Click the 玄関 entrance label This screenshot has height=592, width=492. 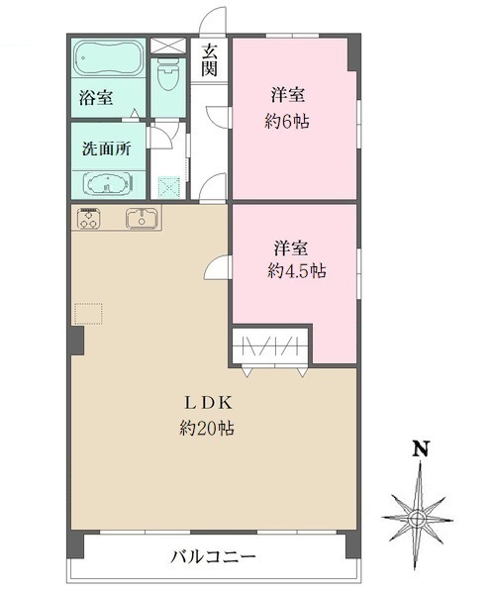click(210, 59)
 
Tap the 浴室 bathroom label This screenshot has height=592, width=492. click(95, 99)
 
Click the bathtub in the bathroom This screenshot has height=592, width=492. click(108, 61)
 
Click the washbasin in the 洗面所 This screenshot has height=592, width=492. click(106, 184)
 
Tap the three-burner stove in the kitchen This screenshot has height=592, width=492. click(89, 220)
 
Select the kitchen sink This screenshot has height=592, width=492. click(143, 220)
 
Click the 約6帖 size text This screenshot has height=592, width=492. click(289, 123)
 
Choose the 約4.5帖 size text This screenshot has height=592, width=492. click(297, 270)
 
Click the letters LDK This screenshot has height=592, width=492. click(207, 403)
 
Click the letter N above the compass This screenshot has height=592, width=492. click(420, 447)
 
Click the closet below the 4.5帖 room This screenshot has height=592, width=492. click(270, 346)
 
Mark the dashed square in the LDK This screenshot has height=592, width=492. click(88, 314)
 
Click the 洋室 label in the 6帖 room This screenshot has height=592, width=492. click(289, 96)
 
